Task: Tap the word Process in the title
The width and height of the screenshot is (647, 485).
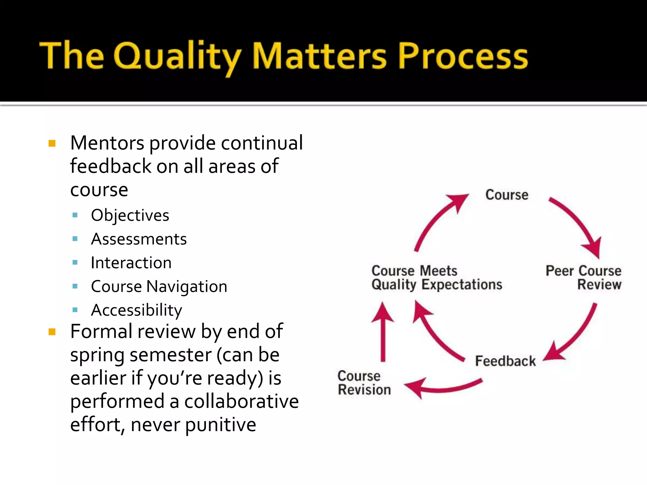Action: [x=463, y=57]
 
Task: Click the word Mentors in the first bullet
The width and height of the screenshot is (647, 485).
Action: [x=107, y=143]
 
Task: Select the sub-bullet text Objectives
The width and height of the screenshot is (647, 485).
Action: [x=130, y=215]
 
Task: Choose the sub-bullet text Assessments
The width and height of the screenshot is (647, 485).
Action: [x=139, y=239]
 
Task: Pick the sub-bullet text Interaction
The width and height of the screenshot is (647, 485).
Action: [x=131, y=263]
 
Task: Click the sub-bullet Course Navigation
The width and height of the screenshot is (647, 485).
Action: [x=159, y=286]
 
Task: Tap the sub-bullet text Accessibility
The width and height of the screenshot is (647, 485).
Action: [x=136, y=310]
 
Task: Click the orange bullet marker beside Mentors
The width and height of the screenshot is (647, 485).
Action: [x=52, y=144]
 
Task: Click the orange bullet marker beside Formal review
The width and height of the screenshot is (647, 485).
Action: [x=52, y=332]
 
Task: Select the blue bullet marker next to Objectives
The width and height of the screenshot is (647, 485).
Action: [x=75, y=215]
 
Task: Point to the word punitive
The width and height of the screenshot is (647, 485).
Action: [x=220, y=425]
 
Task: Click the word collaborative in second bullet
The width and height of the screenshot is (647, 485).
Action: [x=241, y=401]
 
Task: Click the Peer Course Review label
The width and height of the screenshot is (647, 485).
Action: [x=584, y=278]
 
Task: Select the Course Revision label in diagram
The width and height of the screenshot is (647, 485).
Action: [x=364, y=383]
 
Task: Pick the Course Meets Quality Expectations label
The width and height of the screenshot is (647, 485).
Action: [x=437, y=278]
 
